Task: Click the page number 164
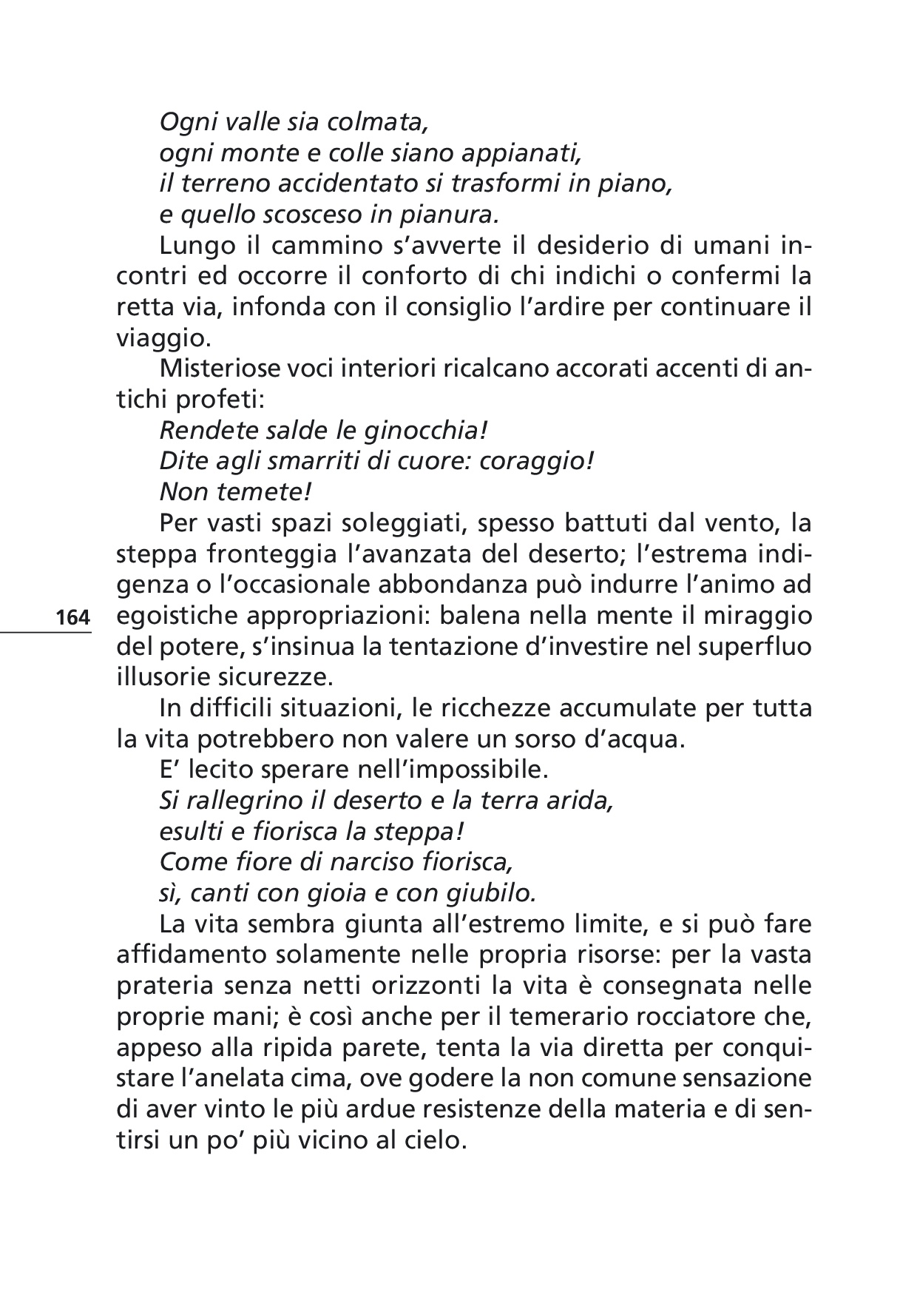72,617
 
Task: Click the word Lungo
195,246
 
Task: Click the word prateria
165,986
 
